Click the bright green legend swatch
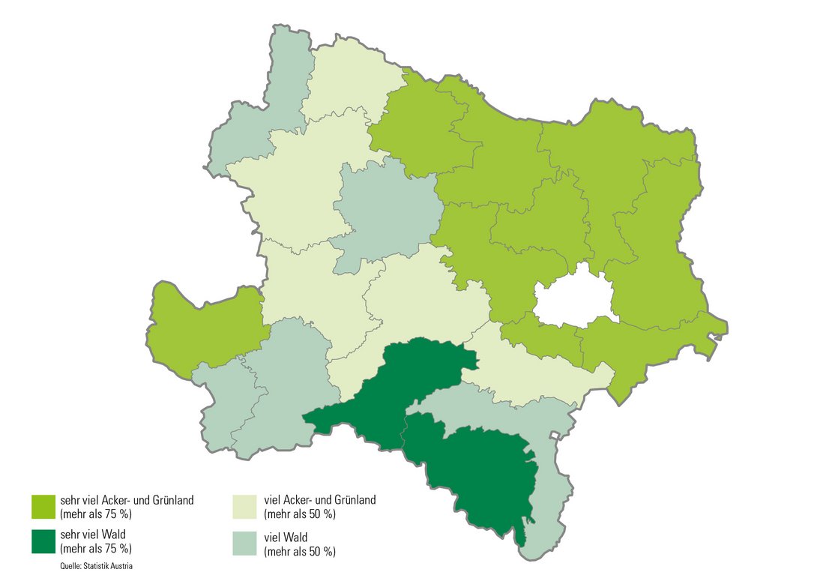pyautogui.click(x=43, y=506)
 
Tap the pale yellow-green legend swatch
pyautogui.click(x=246, y=506)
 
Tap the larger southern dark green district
pyautogui.click(x=480, y=472)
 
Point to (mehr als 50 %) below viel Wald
pyautogui.click(x=300, y=551)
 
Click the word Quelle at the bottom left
pyautogui.click(x=71, y=566)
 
